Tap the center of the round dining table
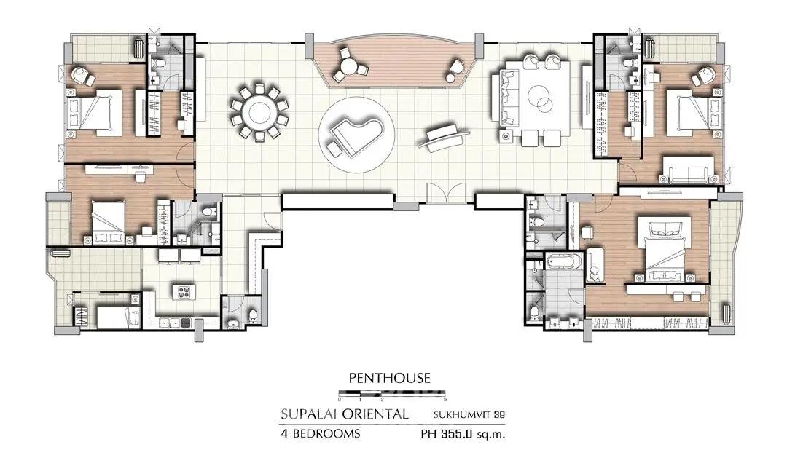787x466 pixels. (x=259, y=111)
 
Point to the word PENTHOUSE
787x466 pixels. (x=389, y=377)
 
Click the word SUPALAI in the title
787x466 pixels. (x=308, y=414)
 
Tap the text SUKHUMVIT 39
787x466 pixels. (x=469, y=415)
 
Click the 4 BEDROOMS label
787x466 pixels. (x=320, y=433)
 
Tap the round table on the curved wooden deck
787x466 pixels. (x=350, y=66)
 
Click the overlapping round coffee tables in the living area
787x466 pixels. (x=540, y=98)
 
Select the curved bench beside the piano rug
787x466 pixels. (x=444, y=135)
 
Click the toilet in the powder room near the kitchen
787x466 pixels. (x=253, y=316)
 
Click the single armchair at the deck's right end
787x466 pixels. (x=457, y=67)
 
